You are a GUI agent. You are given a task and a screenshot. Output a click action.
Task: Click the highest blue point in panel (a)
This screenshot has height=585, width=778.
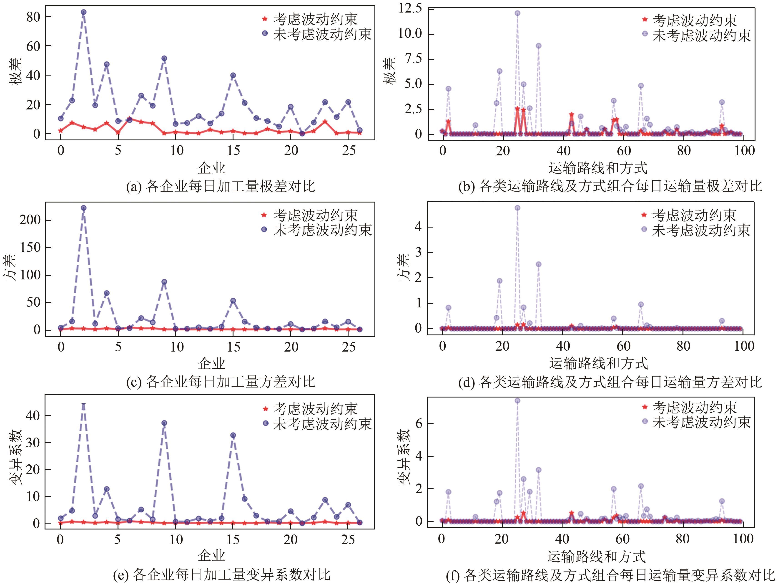point(83,12)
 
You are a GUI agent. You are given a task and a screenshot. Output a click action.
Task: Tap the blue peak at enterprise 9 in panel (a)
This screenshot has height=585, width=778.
point(164,58)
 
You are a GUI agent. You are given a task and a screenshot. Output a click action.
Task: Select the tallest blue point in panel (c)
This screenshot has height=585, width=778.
point(83,208)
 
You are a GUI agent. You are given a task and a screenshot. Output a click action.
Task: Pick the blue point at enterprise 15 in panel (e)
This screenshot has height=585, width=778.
point(233,435)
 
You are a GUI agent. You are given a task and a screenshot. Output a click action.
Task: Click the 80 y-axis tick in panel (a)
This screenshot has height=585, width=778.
point(33,17)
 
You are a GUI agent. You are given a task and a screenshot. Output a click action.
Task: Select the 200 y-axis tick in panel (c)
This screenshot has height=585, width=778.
point(30,220)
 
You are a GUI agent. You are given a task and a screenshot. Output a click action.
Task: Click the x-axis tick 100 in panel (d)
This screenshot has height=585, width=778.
point(744,346)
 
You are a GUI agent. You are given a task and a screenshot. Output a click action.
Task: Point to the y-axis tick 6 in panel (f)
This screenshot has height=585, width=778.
point(419,423)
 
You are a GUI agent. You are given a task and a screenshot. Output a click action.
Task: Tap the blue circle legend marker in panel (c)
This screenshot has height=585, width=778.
point(265,230)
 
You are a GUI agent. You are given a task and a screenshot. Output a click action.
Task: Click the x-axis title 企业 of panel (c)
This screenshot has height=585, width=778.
point(211,363)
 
